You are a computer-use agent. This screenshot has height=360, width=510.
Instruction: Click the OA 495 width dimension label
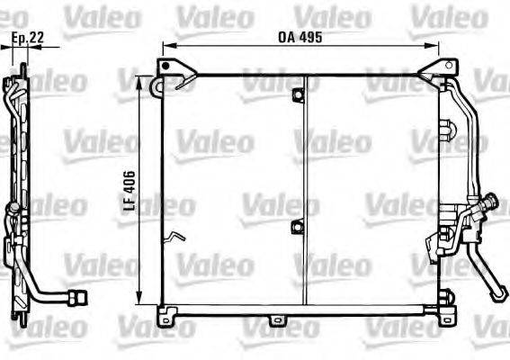300,37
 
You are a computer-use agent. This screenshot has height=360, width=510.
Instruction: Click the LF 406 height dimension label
130,190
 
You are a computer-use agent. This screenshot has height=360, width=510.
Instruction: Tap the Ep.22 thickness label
28,38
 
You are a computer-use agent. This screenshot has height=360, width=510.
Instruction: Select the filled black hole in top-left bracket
166,66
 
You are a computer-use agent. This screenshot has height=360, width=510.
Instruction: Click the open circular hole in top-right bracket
449,66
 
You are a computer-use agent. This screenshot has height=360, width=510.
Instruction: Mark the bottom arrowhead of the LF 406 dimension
139,298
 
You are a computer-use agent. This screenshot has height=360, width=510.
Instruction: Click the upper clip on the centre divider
298,94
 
